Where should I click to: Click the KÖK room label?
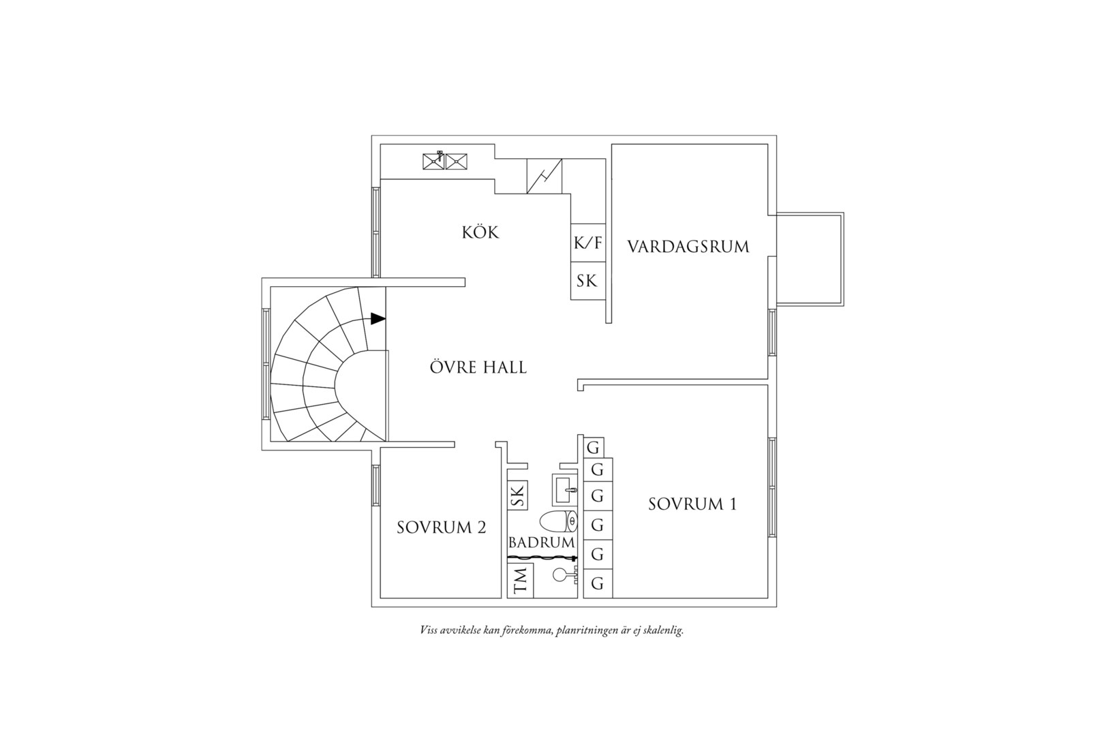(480, 232)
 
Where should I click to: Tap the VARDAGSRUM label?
(688, 247)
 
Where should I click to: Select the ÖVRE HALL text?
(478, 367)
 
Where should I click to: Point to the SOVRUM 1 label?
(692, 504)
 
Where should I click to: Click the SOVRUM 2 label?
(441, 527)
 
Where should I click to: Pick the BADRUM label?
(542, 542)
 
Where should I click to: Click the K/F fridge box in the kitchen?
(588, 243)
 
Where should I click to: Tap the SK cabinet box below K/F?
(588, 281)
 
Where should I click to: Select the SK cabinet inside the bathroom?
(517, 495)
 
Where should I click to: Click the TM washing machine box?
(521, 580)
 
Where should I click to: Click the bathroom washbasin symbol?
(564, 489)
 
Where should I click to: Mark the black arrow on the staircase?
(378, 318)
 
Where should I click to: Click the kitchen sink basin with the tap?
(433, 162)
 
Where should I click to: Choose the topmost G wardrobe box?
(594, 448)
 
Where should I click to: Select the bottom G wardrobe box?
(598, 583)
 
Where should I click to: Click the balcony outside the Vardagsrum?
(810, 259)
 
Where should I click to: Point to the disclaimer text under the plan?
(551, 630)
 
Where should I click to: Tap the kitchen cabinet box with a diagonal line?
(545, 176)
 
